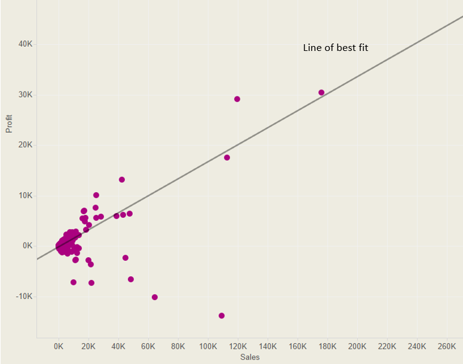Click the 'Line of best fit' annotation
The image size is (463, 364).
pos(336,47)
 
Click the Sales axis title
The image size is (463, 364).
pos(249,357)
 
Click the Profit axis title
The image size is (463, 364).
pos(9,123)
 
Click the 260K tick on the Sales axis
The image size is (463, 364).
pos(447,346)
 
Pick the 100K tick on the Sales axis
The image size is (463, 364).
pos(208,346)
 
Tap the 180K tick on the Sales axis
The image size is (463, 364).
pos(327,346)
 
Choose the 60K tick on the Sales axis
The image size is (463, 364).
pos(148,346)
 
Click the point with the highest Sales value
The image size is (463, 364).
pos(321,93)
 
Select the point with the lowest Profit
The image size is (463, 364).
pos(221,316)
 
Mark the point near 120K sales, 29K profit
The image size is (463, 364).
pos(237,99)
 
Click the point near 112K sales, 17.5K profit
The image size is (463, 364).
pos(227,158)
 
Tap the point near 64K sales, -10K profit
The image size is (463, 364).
pos(154,297)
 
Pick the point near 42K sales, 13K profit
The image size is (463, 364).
pos(122,180)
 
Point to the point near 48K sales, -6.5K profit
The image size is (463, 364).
pos(130,279)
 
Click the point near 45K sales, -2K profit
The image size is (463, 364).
pos(125,258)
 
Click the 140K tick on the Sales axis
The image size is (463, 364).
pos(267,346)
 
